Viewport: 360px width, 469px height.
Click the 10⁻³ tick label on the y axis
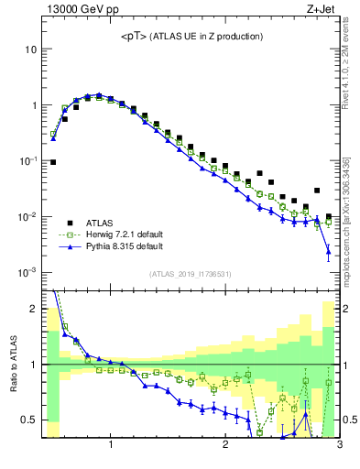(x=28, y=273)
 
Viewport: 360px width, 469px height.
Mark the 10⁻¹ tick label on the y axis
(x=28, y=161)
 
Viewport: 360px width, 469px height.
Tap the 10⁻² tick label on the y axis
(x=28, y=217)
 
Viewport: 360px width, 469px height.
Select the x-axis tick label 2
(x=225, y=446)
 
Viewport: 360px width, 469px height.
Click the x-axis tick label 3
(x=339, y=446)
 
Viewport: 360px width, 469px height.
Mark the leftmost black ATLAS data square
(x=53, y=162)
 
